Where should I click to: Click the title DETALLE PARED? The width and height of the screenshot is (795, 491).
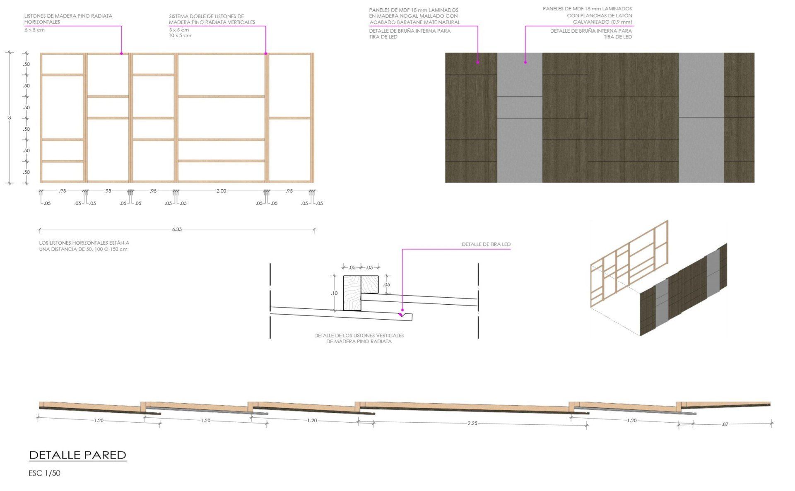[x=77, y=455]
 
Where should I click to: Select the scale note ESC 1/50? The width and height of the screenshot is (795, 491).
[x=44, y=473]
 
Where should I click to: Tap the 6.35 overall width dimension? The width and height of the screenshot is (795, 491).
[x=177, y=229]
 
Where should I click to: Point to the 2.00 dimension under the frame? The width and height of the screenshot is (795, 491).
[x=221, y=191]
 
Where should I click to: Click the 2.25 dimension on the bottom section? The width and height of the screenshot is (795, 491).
[x=472, y=424]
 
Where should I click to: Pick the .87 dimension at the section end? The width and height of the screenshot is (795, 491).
[x=725, y=424]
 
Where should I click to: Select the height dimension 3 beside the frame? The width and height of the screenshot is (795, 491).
[x=10, y=118]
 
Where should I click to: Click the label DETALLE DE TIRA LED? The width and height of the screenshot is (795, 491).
[x=486, y=244]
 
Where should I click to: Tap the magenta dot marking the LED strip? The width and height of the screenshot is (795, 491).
[x=402, y=310]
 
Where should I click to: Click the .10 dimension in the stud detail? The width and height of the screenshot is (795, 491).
[x=334, y=293]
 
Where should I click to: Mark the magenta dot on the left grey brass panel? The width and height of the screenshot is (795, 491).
[x=525, y=63]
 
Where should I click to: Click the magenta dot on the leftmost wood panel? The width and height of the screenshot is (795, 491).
[x=477, y=63]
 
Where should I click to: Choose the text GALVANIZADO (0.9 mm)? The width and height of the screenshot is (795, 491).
[x=602, y=22]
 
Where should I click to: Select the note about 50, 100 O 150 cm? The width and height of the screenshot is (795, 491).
[x=84, y=246]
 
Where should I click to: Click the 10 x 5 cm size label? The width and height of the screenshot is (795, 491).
[x=180, y=36]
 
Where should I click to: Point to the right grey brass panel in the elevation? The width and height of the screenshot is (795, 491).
[x=701, y=118]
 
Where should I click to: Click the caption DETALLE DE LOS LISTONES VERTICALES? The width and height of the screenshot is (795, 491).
[x=359, y=335]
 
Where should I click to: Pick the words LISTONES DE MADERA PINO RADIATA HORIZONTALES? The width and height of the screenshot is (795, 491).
[x=68, y=19]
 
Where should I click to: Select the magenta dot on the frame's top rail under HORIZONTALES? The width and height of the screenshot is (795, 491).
[x=121, y=53]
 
